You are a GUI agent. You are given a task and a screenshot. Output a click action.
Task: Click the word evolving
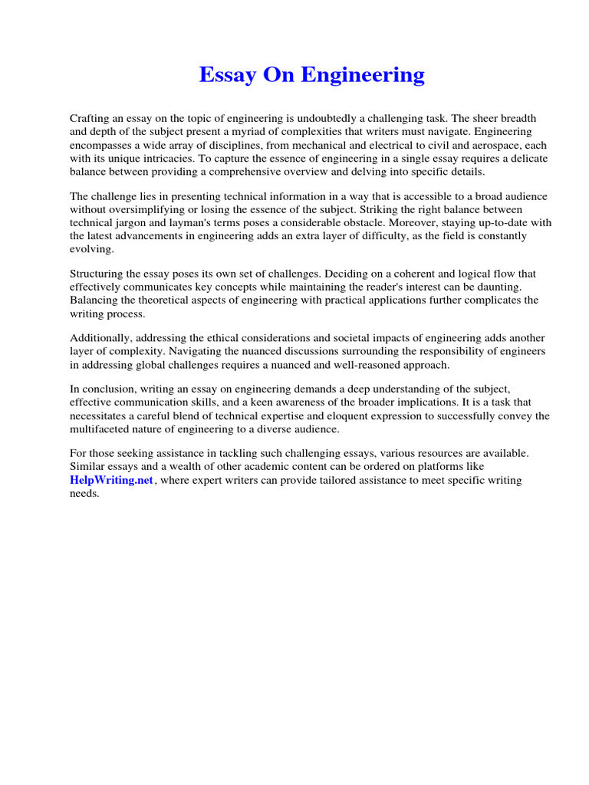(91, 249)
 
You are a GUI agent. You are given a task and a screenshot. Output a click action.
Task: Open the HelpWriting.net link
(112, 481)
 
